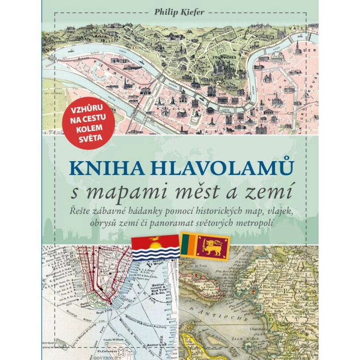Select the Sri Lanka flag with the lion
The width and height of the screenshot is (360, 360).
click(205, 245)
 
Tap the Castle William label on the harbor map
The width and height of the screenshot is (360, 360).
click(109, 338)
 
